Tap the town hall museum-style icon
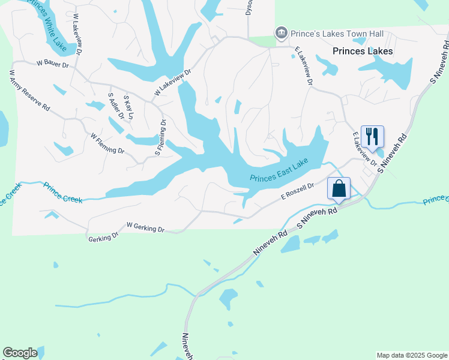pyautogui.click(x=280, y=33)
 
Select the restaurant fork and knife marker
pyautogui.click(x=372, y=136)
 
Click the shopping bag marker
pyautogui.click(x=339, y=188)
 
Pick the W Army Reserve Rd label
pyautogui.click(x=29, y=90)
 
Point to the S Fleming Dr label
pyautogui.click(x=161, y=137)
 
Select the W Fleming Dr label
pyautogui.click(x=107, y=143)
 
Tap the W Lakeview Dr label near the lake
pyautogui.click(x=172, y=82)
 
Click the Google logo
pyautogui.click(x=20, y=353)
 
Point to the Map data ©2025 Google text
pyautogui.click(x=412, y=355)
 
